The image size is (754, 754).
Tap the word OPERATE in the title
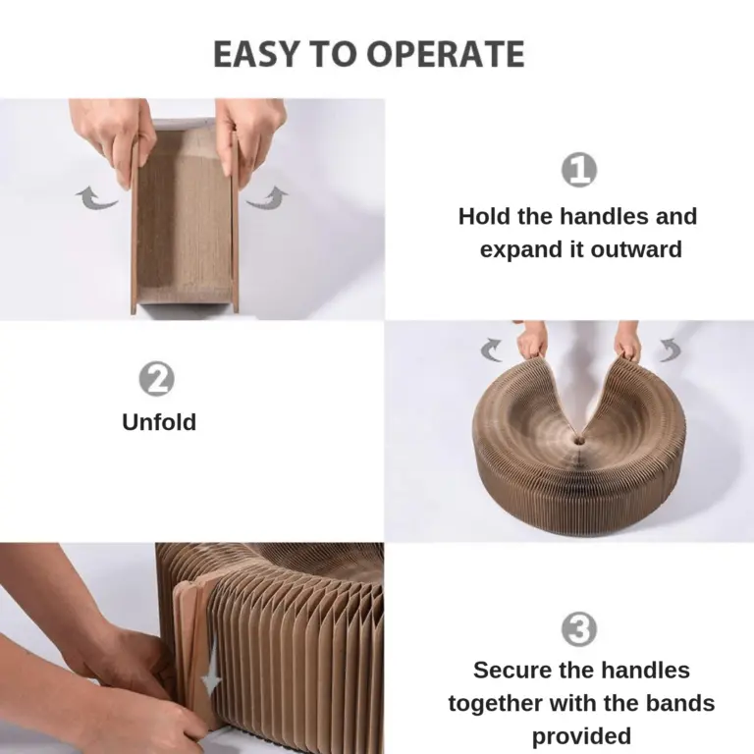pyautogui.click(x=446, y=53)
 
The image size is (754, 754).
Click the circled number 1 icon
pyautogui.click(x=579, y=169)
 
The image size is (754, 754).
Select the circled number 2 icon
pyautogui.click(x=157, y=379)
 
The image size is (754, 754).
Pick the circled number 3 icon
pyautogui.click(x=579, y=629)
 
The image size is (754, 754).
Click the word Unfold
pyautogui.click(x=159, y=422)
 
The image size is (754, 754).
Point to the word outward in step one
pyautogui.click(x=636, y=249)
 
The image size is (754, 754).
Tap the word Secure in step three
pyautogui.click(x=510, y=671)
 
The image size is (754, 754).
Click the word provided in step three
pyautogui.click(x=581, y=736)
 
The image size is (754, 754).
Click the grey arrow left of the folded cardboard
pyautogui.click(x=96, y=198)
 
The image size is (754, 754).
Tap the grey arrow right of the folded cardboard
pyautogui.click(x=267, y=197)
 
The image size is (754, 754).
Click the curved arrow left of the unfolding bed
pyautogui.click(x=492, y=350)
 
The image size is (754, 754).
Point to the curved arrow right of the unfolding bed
pyautogui.click(x=670, y=350)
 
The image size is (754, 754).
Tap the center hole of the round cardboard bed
pyautogui.click(x=578, y=439)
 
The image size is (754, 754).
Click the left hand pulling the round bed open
pyautogui.click(x=532, y=339)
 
